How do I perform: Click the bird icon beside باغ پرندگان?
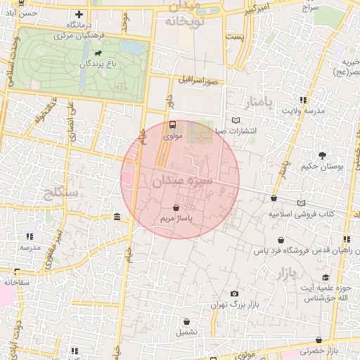(96, 53)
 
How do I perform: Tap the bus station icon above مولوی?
(172, 124)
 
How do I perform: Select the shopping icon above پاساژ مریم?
(175, 208)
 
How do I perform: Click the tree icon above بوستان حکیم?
(323, 155)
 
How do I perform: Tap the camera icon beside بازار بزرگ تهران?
(234, 294)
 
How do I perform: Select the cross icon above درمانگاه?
(79, 14)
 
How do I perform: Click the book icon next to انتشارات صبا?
(235, 120)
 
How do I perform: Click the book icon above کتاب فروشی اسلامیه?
(302, 203)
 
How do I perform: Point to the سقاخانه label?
(15, 282)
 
